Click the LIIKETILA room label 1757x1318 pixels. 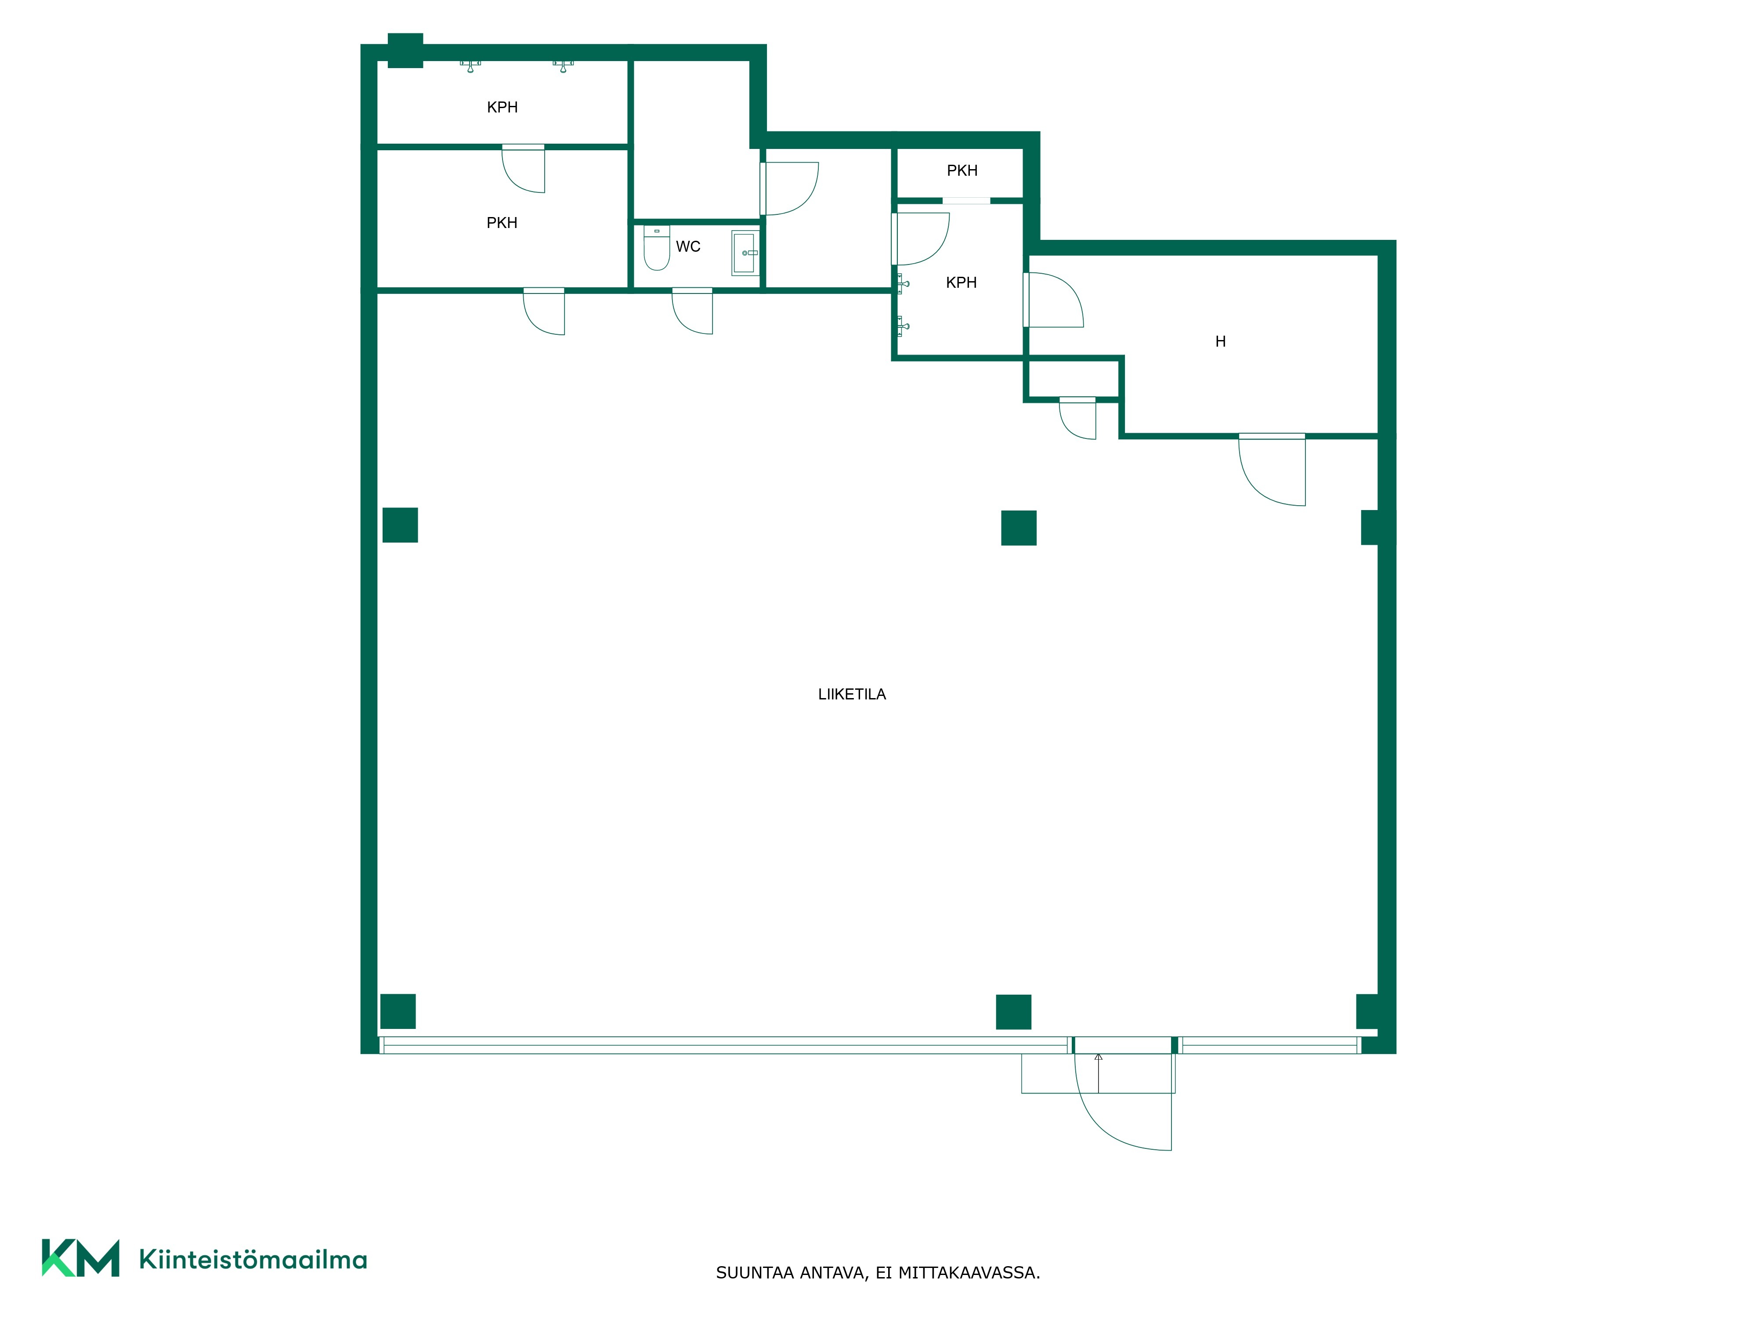pyautogui.click(x=852, y=694)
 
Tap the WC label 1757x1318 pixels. pyautogui.click(x=688, y=247)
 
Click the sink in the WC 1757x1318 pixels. pyautogui.click(x=744, y=253)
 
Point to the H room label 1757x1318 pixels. pyautogui.click(x=1221, y=342)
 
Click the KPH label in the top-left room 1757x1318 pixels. pyautogui.click(x=502, y=107)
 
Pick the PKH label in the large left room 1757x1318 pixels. pyautogui.click(x=502, y=223)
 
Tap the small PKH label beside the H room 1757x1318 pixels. pyautogui.click(x=962, y=171)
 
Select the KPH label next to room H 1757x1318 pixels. pyautogui.click(x=961, y=283)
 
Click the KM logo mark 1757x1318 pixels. pyautogui.click(x=81, y=1258)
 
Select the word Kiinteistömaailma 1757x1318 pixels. pyautogui.click(x=253, y=1259)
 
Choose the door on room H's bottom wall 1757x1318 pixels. pyautogui.click(x=1272, y=469)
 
